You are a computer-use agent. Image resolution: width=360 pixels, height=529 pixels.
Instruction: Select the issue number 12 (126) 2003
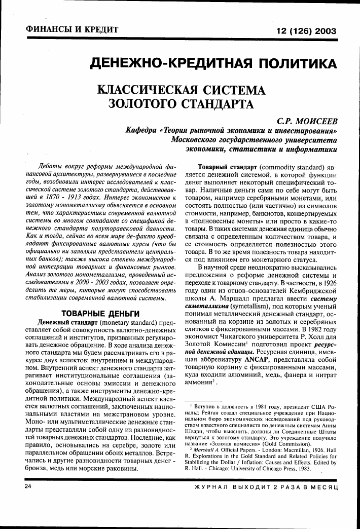306,31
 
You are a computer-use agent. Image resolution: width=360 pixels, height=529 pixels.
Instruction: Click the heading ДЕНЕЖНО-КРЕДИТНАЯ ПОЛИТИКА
213,64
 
